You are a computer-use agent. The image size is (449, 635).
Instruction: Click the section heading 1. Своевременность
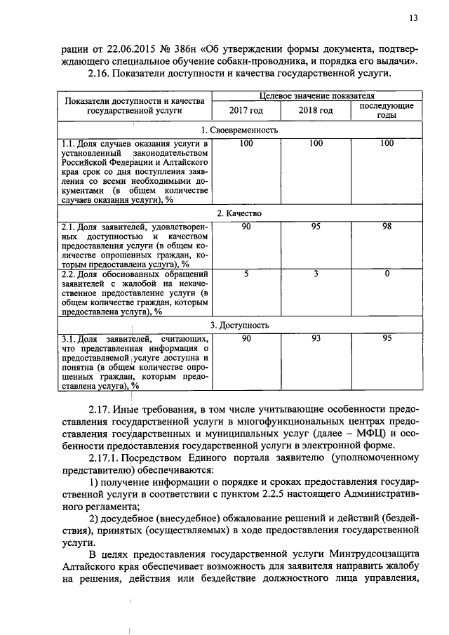click(240, 131)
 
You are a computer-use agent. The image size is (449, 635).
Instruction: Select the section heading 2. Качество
click(240, 213)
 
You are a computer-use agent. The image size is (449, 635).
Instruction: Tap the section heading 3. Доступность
click(240, 326)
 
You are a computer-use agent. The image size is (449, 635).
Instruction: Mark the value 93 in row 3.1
click(316, 339)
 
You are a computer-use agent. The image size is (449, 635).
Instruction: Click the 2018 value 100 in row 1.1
click(316, 144)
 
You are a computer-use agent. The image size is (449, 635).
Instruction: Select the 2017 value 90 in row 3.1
click(246, 339)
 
